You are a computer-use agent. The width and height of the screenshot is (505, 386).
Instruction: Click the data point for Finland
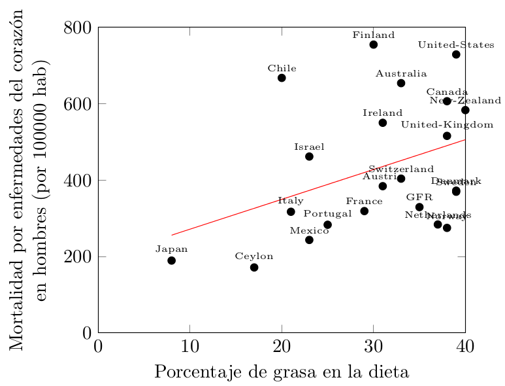(373, 44)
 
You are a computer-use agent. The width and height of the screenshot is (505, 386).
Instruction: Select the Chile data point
(282, 78)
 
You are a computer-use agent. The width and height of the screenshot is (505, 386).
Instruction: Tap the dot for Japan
(171, 260)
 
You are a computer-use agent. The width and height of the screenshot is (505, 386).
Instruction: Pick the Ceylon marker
(254, 268)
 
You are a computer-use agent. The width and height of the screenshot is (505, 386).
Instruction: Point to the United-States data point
(456, 54)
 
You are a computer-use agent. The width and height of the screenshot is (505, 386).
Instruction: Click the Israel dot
(309, 156)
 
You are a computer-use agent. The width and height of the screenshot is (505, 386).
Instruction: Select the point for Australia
(401, 83)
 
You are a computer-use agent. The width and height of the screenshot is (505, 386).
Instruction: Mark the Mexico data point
(309, 240)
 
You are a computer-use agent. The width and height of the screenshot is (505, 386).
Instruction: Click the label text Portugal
(327, 214)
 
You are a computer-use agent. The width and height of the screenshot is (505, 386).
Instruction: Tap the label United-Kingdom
(447, 125)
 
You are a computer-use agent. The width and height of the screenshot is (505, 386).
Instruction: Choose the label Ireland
(383, 113)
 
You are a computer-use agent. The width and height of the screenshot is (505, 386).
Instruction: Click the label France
(364, 202)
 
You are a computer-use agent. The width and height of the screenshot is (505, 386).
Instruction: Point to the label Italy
(291, 202)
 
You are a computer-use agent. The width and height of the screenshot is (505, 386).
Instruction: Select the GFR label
(419, 198)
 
